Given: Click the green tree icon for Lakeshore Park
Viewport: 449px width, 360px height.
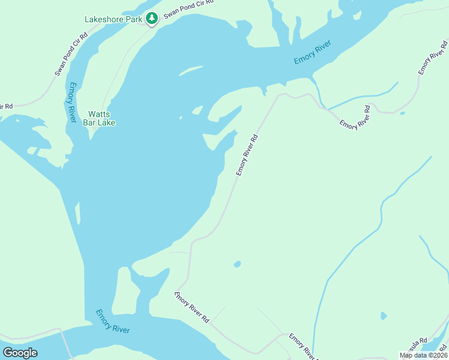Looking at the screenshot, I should (152, 19).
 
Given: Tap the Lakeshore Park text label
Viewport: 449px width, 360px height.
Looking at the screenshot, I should (113, 19).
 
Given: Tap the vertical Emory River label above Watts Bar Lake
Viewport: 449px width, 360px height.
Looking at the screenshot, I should (72, 103).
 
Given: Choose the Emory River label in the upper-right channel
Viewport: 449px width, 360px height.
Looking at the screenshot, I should (313, 52).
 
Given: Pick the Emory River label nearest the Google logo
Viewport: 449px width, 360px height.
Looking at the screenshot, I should (113, 322).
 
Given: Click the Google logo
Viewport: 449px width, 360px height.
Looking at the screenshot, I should (20, 353).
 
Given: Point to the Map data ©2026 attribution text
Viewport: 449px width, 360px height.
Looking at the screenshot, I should (424, 355).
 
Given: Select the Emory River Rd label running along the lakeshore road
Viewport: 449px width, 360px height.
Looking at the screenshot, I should (247, 155).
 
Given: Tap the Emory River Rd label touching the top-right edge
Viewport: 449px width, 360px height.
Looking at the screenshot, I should (433, 57).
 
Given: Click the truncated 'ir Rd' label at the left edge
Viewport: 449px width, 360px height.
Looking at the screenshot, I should (6, 107).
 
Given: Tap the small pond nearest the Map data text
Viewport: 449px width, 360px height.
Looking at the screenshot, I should (384, 316).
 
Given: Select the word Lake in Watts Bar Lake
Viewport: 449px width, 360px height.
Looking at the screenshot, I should (107, 123).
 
